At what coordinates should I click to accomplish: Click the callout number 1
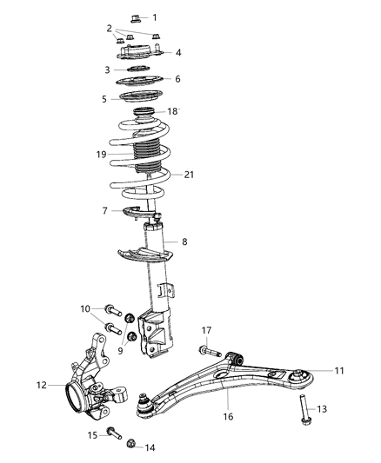click(155, 17)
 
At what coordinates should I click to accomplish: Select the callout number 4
click(177, 53)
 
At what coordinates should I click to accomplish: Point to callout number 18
click(172, 111)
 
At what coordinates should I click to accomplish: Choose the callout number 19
click(102, 155)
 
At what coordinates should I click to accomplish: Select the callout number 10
click(85, 308)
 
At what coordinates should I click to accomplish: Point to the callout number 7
click(105, 211)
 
